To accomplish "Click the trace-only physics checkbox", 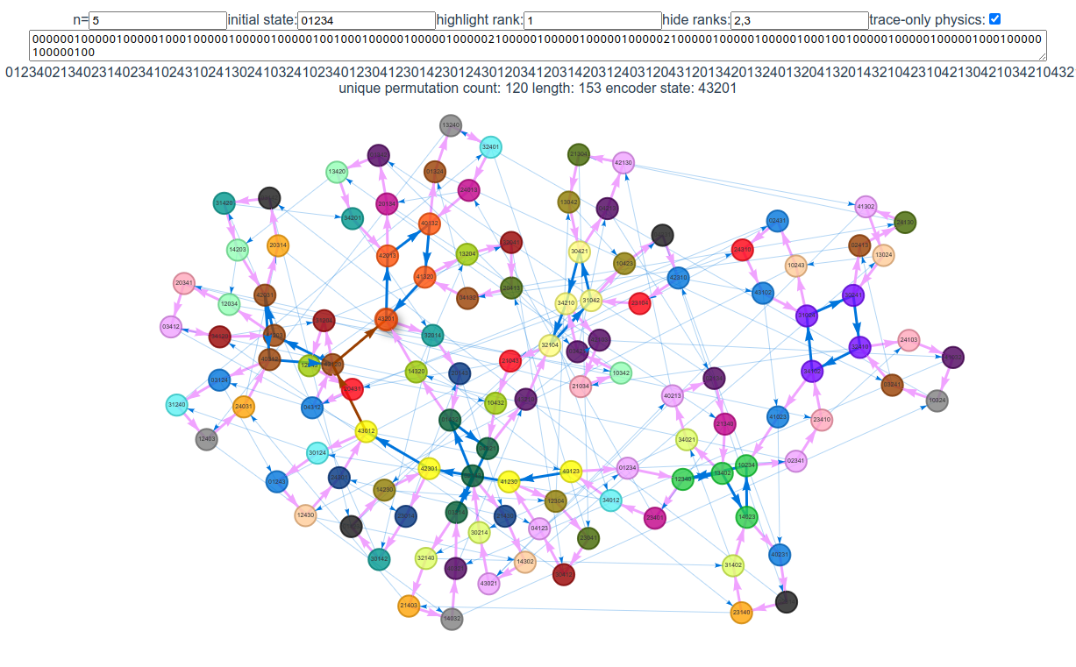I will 995,19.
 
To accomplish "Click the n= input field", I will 158,20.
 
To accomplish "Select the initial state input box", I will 366,20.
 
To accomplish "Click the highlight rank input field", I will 593,20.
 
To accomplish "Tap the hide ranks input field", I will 799,20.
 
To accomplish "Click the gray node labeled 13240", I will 450,125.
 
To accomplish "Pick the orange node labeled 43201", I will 386,319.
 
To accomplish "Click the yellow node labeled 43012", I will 367,430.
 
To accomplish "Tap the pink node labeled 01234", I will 627,468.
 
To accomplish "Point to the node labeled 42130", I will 624,162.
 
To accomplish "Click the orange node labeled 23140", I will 742,612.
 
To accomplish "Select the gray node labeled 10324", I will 937,401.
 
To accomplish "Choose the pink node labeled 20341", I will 184,283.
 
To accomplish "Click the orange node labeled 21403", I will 409,605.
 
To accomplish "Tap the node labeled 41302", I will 866,207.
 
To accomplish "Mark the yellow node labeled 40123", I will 571,472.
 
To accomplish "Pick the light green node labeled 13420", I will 337,171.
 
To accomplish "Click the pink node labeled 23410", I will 822,420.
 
